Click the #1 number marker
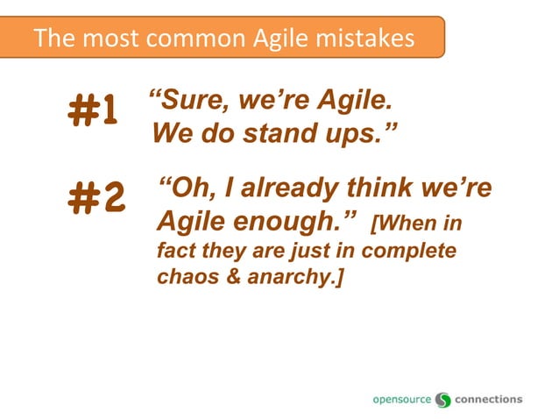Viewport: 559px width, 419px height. (x=92, y=112)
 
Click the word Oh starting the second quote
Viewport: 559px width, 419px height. (x=185, y=188)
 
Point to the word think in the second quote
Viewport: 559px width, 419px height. (x=386, y=188)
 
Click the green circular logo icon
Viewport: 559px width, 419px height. (x=443, y=400)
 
